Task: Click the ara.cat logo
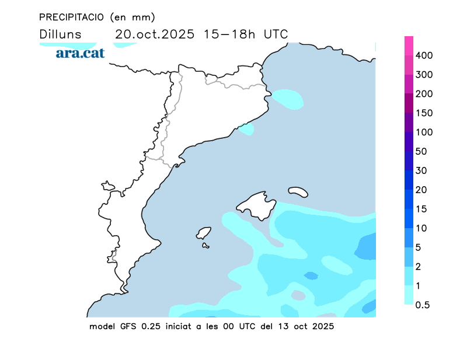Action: click(80, 53)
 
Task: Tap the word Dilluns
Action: click(61, 34)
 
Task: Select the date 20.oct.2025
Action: click(154, 34)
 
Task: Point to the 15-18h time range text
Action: click(229, 34)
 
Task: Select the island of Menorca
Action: click(298, 191)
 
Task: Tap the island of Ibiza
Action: click(204, 233)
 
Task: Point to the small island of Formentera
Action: click(205, 246)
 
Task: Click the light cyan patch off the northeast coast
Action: click(288, 99)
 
